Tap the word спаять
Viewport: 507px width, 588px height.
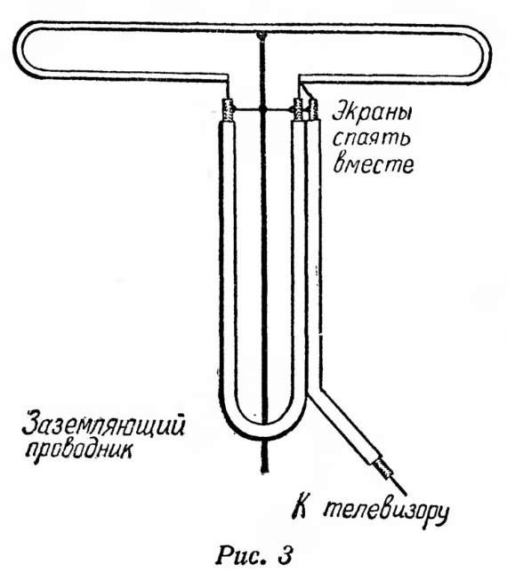372,139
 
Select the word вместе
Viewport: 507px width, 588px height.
374,163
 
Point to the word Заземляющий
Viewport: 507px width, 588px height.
103,426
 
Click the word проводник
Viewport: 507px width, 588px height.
80,451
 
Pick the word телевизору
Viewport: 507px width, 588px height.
386,513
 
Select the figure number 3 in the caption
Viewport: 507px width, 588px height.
285,554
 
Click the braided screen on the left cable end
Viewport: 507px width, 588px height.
227,109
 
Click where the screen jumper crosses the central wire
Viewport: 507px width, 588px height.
263,109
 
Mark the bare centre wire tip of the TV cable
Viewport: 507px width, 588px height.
405,492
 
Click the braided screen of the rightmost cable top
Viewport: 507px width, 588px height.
313,108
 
